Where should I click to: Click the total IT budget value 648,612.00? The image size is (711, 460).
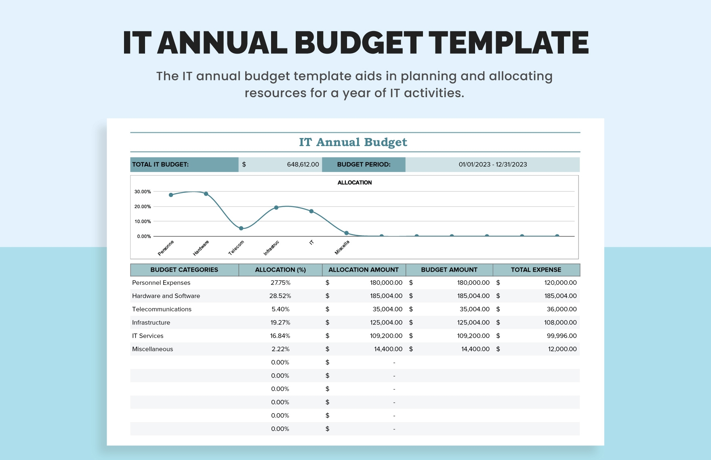[x=303, y=165]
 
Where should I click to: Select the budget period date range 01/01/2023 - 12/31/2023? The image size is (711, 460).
[x=492, y=165]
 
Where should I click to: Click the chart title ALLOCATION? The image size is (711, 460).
[x=354, y=183]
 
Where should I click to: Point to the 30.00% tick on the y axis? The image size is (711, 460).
[x=143, y=192]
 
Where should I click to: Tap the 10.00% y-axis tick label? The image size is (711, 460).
[x=143, y=222]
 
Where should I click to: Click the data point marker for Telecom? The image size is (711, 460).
[x=241, y=228]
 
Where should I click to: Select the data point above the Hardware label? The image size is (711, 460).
[x=206, y=194]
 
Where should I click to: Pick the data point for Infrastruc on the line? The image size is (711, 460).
[x=276, y=208]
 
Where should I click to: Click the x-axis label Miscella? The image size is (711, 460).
[x=342, y=247]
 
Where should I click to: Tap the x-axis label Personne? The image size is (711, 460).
[x=166, y=248]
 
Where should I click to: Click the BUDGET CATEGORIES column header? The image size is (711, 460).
[x=184, y=270]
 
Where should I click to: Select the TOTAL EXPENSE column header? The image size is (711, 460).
[x=536, y=270]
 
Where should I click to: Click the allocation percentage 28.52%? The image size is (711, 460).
[x=280, y=296]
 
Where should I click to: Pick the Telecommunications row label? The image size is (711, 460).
[x=162, y=309]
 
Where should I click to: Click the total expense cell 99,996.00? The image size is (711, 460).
[x=562, y=336]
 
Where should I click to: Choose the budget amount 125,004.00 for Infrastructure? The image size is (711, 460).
[x=473, y=323]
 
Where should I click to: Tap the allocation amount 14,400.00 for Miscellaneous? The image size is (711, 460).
[x=388, y=349]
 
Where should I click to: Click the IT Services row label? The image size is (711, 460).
[x=148, y=336]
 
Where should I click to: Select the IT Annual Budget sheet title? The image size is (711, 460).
[x=353, y=142]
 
